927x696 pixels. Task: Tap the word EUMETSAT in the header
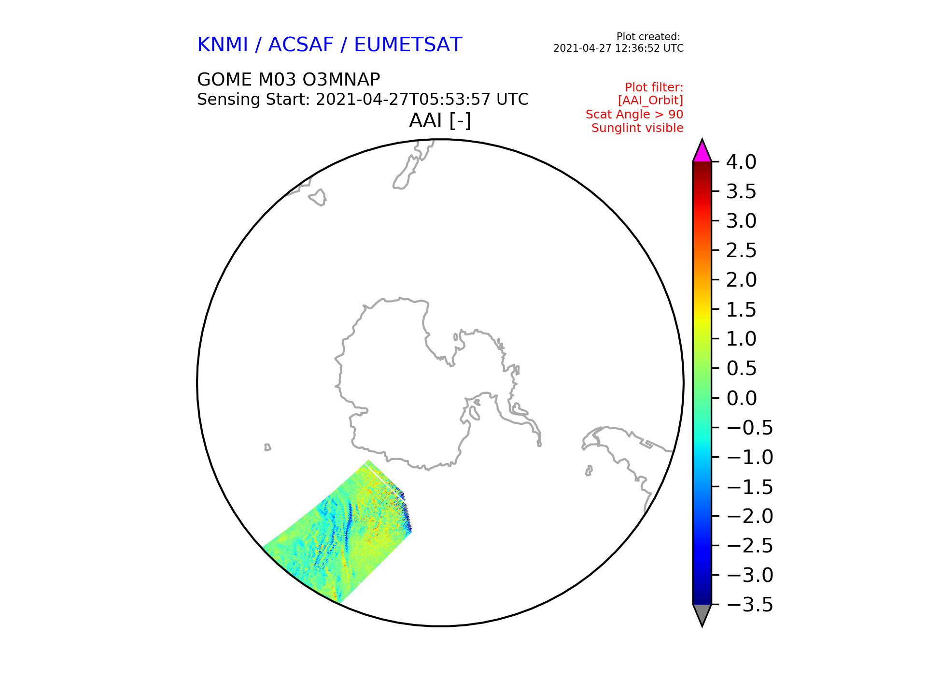[x=408, y=45]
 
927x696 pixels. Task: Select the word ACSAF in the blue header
[x=301, y=45]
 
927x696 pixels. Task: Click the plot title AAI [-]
[x=440, y=120]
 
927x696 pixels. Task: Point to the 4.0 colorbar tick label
[x=741, y=162]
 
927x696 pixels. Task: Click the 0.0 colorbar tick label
[x=741, y=398]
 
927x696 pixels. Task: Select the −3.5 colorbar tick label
[x=749, y=605]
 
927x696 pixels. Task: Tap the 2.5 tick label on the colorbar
[x=741, y=250]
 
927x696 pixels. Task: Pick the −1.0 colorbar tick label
[x=749, y=457]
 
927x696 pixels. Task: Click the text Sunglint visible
[x=637, y=128]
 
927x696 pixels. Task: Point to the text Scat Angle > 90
[x=634, y=115]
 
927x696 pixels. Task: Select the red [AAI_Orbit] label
[x=650, y=101]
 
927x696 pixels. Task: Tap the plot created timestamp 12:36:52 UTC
[x=652, y=48]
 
